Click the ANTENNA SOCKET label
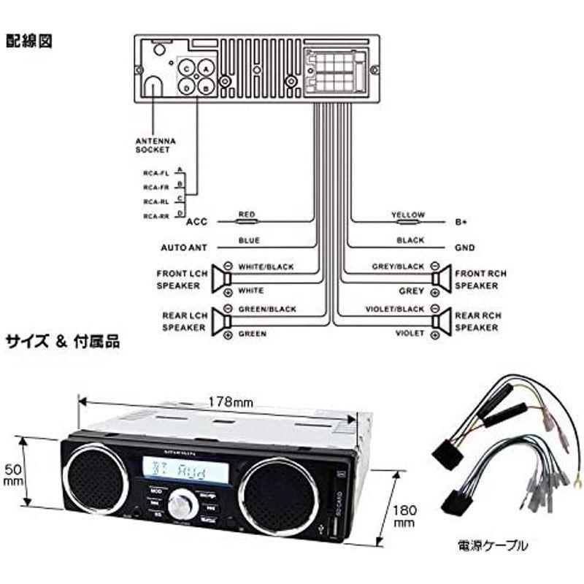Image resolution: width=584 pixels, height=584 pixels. point(155,145)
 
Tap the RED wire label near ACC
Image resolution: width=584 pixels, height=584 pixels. point(247,215)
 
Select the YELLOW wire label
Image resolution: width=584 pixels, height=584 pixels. point(407,215)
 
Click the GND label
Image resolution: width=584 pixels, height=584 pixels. point(464,247)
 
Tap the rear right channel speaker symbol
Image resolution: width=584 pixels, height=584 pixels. point(439,320)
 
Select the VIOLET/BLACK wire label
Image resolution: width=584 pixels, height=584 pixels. point(394,309)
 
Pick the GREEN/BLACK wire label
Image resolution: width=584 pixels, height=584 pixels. point(267,309)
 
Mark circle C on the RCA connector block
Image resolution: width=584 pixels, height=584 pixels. point(188,69)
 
